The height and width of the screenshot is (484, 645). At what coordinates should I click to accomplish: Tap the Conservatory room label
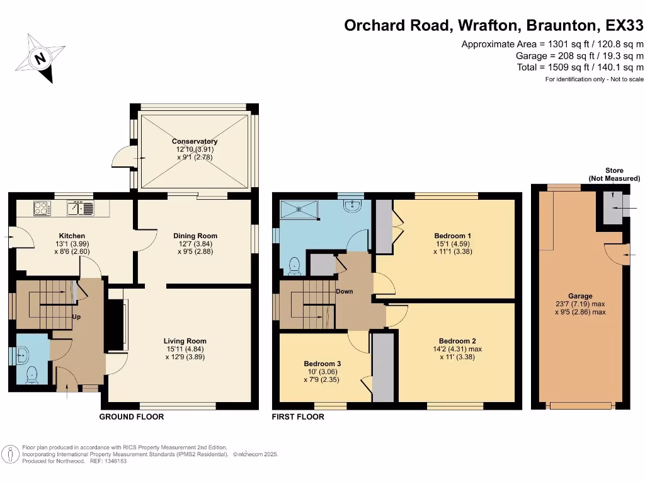(x=195, y=142)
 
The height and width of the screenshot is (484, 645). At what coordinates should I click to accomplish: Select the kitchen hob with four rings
(x=42, y=207)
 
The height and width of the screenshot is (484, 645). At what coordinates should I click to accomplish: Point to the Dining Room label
(x=195, y=236)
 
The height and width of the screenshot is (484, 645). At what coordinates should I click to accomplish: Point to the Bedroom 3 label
(x=322, y=364)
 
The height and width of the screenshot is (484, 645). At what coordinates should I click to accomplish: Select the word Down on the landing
(x=344, y=292)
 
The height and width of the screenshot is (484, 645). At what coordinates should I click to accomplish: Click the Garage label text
(x=579, y=296)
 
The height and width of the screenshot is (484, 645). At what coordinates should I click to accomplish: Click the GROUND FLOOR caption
(x=132, y=417)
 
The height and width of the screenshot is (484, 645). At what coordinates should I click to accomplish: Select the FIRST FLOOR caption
(x=298, y=417)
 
